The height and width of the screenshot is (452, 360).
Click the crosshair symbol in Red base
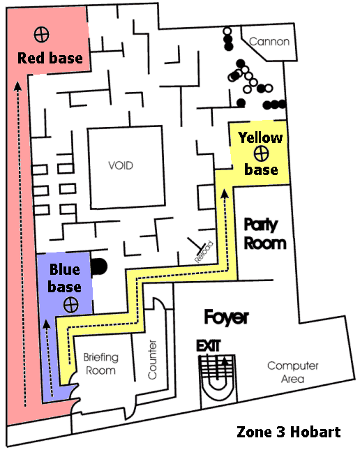pos(41,34)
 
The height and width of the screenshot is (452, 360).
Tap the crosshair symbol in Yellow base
pos(262,153)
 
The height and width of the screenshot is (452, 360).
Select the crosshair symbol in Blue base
pos(71,305)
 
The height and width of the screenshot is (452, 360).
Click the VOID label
pos(121,165)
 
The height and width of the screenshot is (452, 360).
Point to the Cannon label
pos(269,42)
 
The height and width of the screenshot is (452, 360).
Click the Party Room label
pos(264,234)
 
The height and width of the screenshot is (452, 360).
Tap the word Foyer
pos(226,317)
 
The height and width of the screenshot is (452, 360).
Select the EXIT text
pos(209,346)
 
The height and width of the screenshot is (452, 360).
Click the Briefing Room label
pos(101,364)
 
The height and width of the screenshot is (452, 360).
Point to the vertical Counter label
pos(152,360)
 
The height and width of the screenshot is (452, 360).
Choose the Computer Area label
pos(292,372)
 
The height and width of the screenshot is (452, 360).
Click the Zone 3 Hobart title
pos(289,432)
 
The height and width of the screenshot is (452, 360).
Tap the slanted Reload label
pos(204,252)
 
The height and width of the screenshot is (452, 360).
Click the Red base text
pos(50,58)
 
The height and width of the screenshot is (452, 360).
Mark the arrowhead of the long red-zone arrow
pos(18,86)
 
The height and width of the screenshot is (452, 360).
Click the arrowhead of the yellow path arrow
pos(225,193)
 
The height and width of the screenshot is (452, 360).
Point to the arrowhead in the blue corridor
pos(47,324)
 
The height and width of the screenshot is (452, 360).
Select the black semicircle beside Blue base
pos(99,266)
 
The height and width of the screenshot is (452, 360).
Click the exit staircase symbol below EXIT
pos(216,377)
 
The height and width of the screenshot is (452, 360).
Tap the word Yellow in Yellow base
pos(260,138)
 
